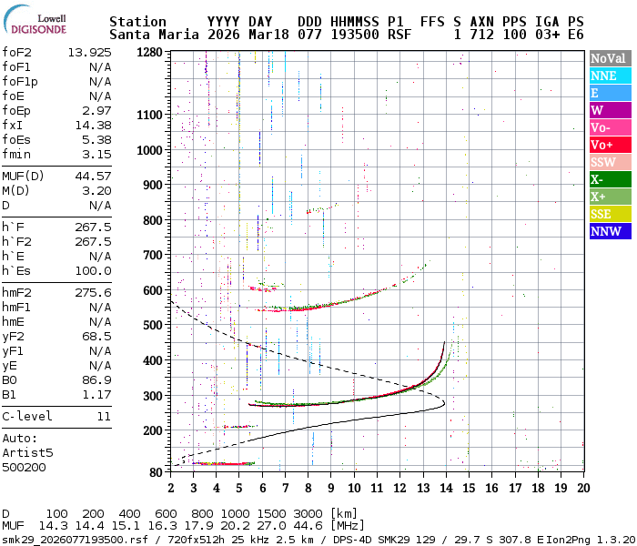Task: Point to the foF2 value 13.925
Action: pyautogui.click(x=89, y=52)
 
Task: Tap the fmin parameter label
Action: pyautogui.click(x=17, y=154)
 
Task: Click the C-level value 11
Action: pyautogui.click(x=104, y=416)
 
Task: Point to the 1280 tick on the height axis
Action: pyautogui.click(x=148, y=53)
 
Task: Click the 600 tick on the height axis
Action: pyautogui.click(x=152, y=290)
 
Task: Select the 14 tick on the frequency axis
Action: pyautogui.click(x=446, y=488)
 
